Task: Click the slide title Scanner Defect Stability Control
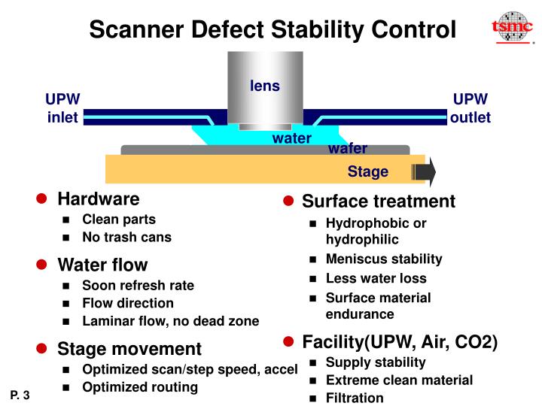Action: pos(273,30)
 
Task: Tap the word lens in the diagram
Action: pos(265,86)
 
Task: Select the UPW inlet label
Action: pos(63,109)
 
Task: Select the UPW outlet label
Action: pos(470,109)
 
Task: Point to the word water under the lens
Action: pos(291,138)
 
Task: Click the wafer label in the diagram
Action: pos(347,148)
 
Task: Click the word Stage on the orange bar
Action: pos(367,171)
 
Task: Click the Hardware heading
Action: pos(98,199)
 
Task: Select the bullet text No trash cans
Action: pos(126,238)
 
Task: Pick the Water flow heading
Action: pos(102,265)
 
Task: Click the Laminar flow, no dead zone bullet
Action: pos(170,321)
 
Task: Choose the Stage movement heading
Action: pos(129,349)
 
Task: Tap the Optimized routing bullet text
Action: pos(139,387)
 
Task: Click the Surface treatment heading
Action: pos(378,201)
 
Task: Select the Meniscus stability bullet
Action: pos(383,259)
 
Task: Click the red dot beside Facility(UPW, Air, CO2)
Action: pos(288,342)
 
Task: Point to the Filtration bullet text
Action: pos(354,398)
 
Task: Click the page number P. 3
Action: pos(20,395)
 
